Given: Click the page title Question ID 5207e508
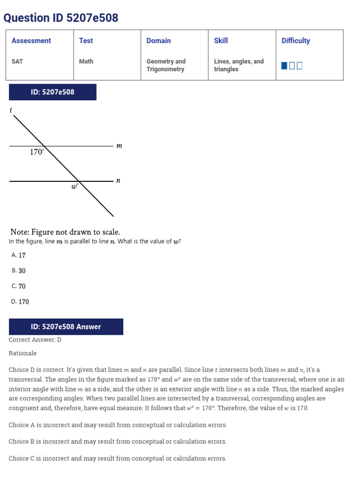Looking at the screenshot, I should click(x=61, y=18).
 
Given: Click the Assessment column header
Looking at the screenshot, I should click(x=31, y=41).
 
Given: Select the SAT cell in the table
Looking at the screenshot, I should click(x=17, y=61).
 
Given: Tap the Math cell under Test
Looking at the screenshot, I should click(x=86, y=61).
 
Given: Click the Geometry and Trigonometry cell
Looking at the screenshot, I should click(x=166, y=65).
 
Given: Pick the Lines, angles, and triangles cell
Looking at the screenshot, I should click(x=239, y=65).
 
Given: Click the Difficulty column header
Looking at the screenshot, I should click(x=295, y=41).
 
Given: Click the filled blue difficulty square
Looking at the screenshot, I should click(x=284, y=66).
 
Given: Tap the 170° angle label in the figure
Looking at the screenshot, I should click(x=37, y=152).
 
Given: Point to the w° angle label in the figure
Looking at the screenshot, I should click(x=74, y=187).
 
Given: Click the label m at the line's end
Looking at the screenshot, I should click(x=119, y=146).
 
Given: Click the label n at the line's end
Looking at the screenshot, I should click(x=118, y=180).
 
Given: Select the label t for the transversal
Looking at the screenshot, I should click(x=11, y=110).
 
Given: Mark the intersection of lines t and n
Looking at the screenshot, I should click(x=78, y=180).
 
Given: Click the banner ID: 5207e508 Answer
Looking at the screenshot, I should click(x=66, y=327).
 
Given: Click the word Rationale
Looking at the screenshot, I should click(x=22, y=353).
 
